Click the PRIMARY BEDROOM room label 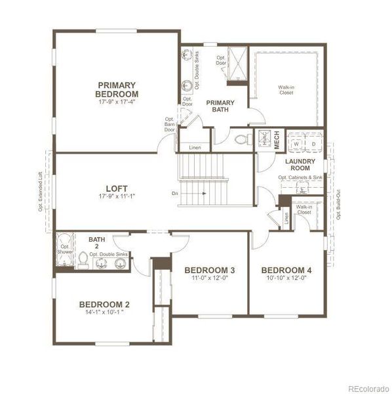tap(117, 89)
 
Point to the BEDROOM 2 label tap(104, 304)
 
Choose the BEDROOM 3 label tap(209, 270)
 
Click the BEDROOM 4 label tap(286, 270)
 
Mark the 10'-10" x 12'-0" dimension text tap(286, 279)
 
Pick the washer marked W tap(296, 142)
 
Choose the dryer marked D tap(313, 142)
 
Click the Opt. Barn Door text tap(170, 125)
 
